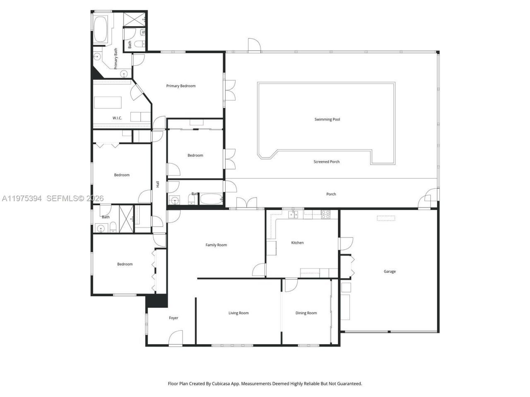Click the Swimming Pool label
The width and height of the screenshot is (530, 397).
pos(327,120)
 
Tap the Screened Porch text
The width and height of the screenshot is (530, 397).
pos(326,162)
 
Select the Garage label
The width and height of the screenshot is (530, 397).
pos(390,272)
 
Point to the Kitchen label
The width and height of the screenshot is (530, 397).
pos(297,243)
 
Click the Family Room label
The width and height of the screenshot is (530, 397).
pos(216,245)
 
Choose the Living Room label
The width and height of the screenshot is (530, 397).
pos(238,313)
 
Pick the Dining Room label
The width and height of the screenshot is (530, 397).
pos(306,313)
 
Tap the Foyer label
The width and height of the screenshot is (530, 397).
pos(173,318)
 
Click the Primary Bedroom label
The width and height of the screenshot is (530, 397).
pos(181,86)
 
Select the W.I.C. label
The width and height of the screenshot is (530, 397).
pos(117,118)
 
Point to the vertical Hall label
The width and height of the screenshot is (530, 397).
pos(158,184)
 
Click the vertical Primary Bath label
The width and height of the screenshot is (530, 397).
pos(116,58)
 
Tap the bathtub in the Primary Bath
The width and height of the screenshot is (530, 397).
pos(101,30)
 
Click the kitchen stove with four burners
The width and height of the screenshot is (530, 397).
pos(326,214)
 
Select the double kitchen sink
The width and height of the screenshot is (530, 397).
pos(294,214)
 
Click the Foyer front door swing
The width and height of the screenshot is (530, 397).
pos(176,337)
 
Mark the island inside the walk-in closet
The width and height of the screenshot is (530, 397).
pos(108,102)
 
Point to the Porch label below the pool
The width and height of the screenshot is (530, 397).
pos(331,194)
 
